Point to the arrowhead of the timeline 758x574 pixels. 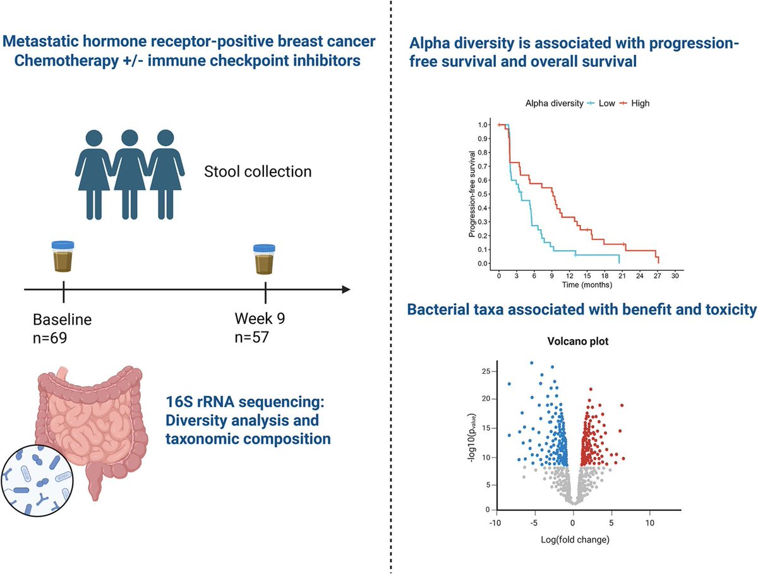[345, 290]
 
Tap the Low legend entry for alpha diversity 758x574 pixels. [603, 103]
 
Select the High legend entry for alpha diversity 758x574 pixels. [636, 103]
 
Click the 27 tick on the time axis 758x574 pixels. [658, 276]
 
